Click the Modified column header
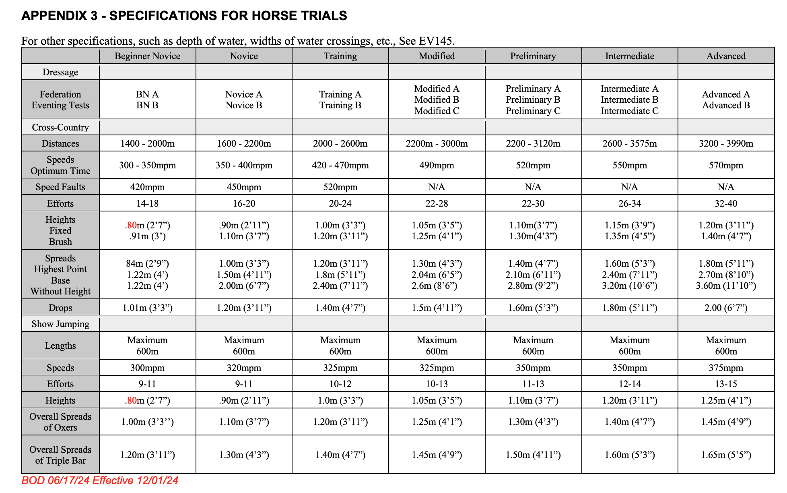tap(437, 56)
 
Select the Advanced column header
tap(726, 56)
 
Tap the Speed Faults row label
tap(60, 187)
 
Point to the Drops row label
tap(60, 308)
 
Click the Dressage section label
tap(60, 72)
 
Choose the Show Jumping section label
tap(60, 324)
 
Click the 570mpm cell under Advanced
tap(726, 165)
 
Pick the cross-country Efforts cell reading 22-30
tap(533, 203)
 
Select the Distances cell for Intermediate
tap(630, 143)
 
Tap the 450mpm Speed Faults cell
tap(244, 187)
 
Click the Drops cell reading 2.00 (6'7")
tap(726, 308)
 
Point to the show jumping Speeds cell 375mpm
tap(726, 368)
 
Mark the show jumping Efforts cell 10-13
tap(437, 384)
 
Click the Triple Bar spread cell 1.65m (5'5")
tap(726, 455)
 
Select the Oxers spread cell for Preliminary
tap(533, 422)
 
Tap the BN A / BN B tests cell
tap(147, 99)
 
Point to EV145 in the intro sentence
tap(436, 41)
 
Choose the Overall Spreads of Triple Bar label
tap(60, 455)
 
